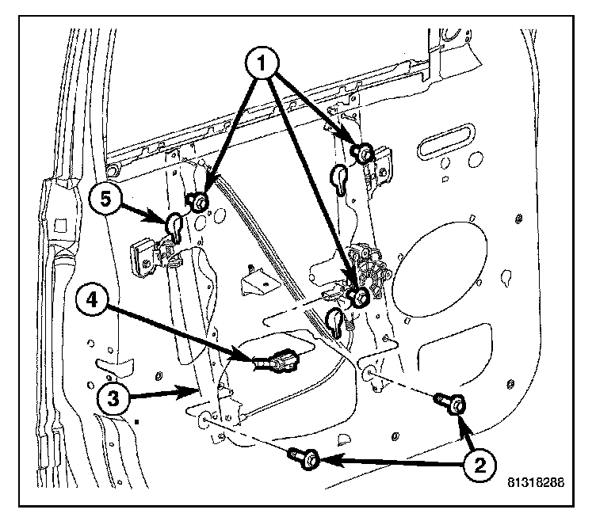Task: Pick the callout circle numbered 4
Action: [x=94, y=302]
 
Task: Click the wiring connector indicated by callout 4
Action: [x=281, y=363]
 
